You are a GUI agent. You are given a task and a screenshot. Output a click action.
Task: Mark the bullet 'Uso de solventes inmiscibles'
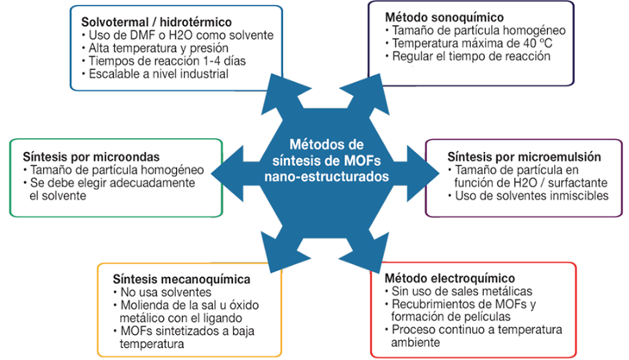(518, 197)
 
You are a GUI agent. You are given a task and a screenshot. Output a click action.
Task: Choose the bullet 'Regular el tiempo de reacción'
(462, 57)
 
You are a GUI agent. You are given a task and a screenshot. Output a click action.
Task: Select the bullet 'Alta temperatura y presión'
(148, 47)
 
